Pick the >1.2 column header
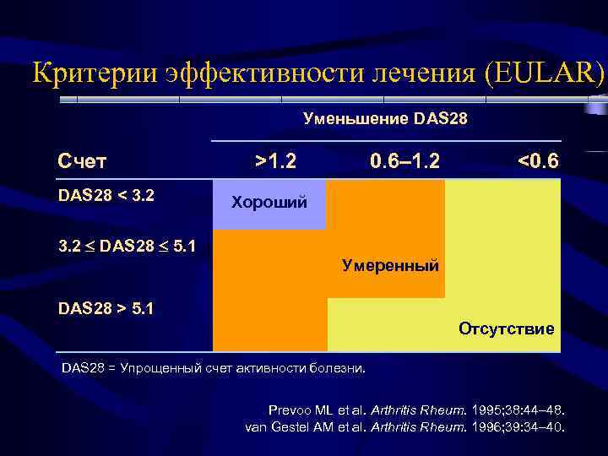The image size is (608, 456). click(275, 160)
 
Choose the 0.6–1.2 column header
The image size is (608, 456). click(404, 160)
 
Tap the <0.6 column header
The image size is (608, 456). click(537, 160)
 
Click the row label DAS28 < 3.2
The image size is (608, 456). click(106, 196)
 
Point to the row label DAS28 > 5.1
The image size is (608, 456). click(106, 308)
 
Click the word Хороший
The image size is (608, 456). click(269, 203)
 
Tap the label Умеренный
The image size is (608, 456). click(390, 266)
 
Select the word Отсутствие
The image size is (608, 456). click(507, 328)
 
